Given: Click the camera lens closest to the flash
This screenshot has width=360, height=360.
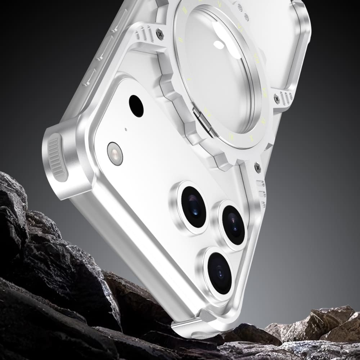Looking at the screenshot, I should click(x=193, y=207).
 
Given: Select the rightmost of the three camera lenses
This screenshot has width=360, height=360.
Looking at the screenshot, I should click(x=233, y=225).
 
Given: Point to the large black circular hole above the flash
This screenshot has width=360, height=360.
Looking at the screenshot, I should click(x=136, y=106).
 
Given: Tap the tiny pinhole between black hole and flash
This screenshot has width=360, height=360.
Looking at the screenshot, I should click(x=125, y=129).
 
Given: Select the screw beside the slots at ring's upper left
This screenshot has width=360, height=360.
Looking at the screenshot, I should click(x=160, y=34).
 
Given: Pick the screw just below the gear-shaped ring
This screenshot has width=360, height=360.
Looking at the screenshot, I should click(x=257, y=167).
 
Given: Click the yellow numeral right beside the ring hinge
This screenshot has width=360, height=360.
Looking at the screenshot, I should click(x=207, y=110).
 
